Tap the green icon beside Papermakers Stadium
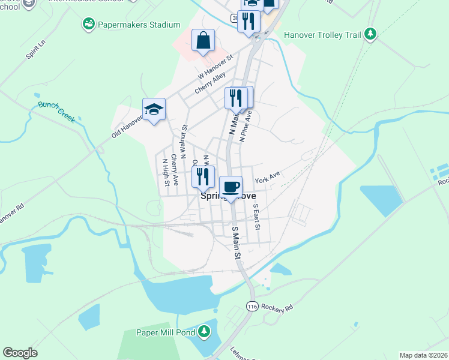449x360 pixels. pos(88,24)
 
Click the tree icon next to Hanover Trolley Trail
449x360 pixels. pos(371,34)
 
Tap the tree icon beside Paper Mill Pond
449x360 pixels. pos(205,331)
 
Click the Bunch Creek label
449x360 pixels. pos(56,112)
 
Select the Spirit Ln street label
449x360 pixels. pos(35,49)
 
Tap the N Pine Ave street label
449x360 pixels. pos(246,125)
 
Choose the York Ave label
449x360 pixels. pos(268,179)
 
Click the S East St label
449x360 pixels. pos(256,217)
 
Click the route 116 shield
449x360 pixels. pos(252,306)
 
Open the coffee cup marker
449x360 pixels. pos(231,187)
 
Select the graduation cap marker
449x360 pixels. pos(154,109)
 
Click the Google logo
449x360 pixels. pos(20,353)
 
